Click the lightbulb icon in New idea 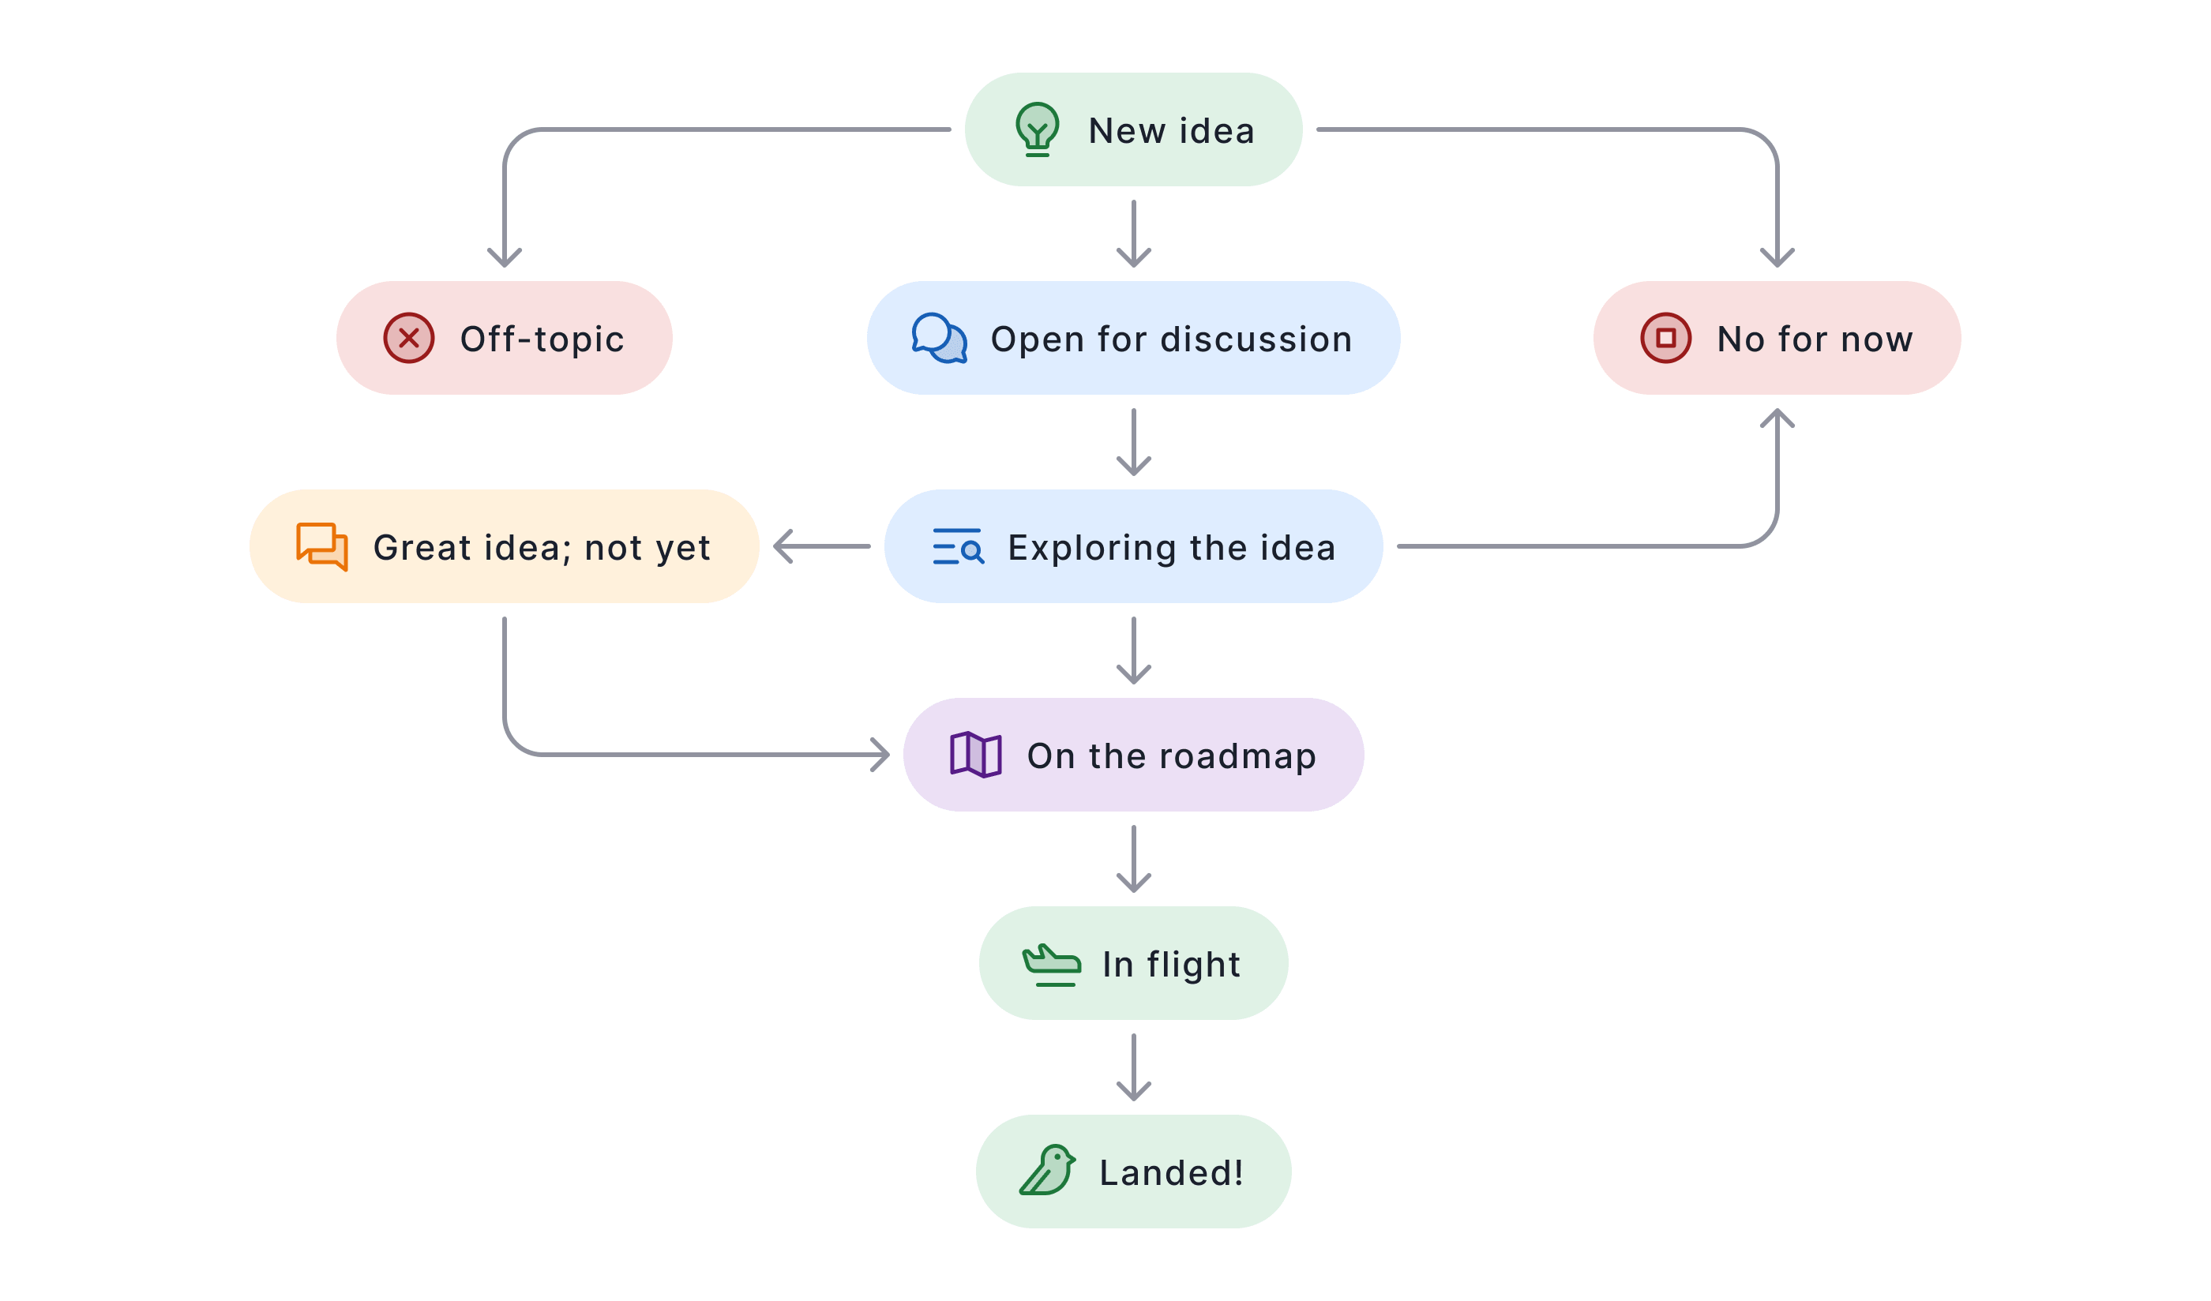point(1037,129)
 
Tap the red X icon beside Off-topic point(409,338)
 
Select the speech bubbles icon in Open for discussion point(939,338)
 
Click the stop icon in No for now point(1665,338)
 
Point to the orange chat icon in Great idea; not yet point(322,546)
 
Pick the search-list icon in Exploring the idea point(958,546)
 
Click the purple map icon point(976,755)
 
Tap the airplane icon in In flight point(1051,965)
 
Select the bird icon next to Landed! point(1048,1170)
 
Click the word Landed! point(1171,1172)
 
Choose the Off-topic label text point(542,339)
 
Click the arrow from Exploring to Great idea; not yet point(822,546)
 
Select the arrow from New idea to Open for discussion point(1134,234)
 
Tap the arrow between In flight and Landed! point(1134,1067)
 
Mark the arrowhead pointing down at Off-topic point(505,258)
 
